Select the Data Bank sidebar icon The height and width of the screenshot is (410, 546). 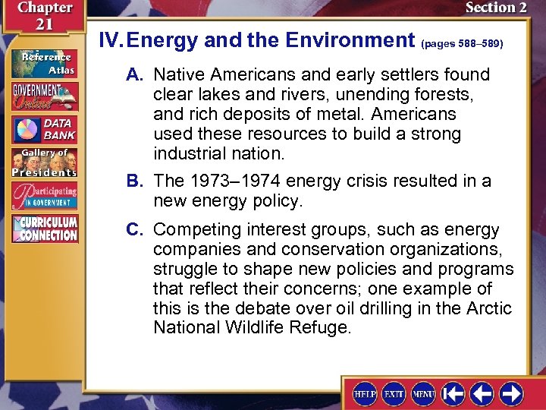point(44,130)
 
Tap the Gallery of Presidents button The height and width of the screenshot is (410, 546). point(44,162)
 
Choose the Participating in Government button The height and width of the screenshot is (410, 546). point(44,197)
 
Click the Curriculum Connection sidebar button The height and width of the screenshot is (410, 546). point(44,229)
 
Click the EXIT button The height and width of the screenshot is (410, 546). point(394,394)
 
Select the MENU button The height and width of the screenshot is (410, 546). point(422,394)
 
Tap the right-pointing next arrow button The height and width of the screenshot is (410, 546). point(510,394)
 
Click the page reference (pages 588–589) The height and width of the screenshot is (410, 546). point(461,44)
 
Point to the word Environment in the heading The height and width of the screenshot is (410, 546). point(349,40)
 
